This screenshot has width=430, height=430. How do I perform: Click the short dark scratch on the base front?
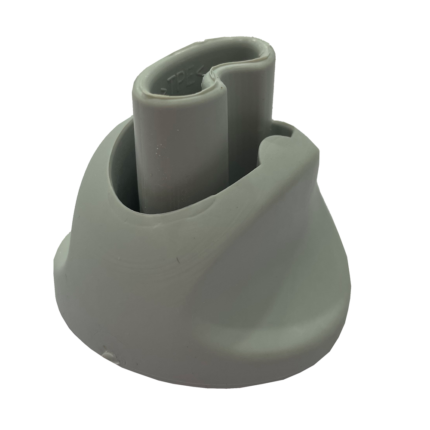click(177, 260)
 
